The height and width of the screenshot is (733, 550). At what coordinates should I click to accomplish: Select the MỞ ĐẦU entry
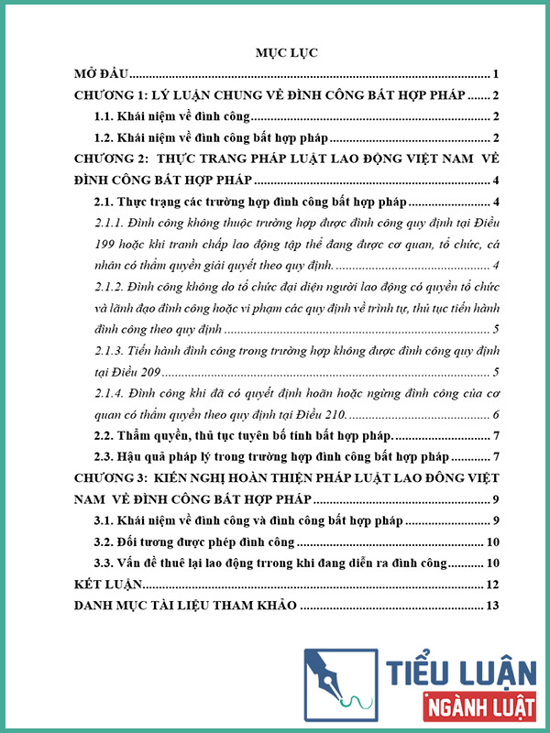point(103,74)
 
